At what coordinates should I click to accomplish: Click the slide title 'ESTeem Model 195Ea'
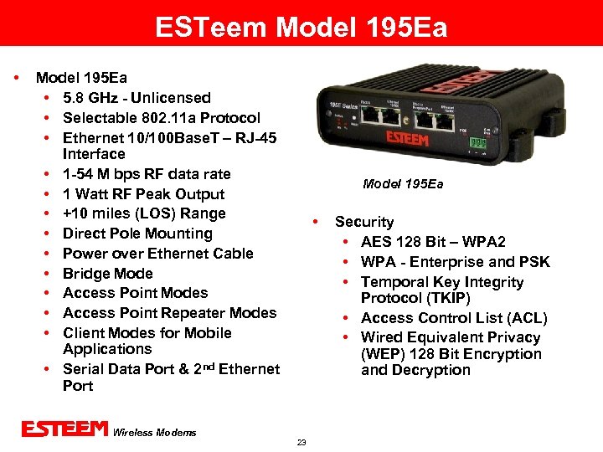(x=301, y=28)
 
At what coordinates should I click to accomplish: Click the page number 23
(x=301, y=442)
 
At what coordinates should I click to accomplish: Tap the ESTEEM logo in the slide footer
(x=65, y=429)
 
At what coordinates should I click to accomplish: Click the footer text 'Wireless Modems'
(x=154, y=432)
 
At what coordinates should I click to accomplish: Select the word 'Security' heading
(x=364, y=222)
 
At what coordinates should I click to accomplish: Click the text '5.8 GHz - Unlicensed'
(x=137, y=98)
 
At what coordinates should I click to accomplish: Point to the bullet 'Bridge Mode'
(x=108, y=274)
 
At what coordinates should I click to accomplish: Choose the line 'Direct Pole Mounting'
(x=137, y=234)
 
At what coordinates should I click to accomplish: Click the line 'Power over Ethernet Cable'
(x=157, y=254)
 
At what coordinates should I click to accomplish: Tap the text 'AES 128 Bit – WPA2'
(x=433, y=242)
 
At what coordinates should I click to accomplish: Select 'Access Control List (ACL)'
(x=454, y=318)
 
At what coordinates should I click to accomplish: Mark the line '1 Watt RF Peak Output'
(x=143, y=194)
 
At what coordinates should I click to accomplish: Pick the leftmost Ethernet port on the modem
(x=368, y=117)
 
